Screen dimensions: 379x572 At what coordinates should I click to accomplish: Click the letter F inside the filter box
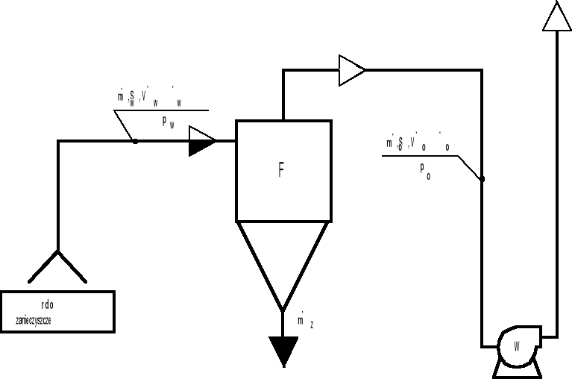(281, 171)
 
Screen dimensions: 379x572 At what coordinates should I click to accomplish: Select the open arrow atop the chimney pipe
(557, 16)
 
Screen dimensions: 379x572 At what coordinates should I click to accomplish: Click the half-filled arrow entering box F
(202, 140)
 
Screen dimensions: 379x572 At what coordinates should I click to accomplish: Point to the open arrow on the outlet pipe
(351, 70)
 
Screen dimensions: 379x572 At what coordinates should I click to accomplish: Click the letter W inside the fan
(517, 346)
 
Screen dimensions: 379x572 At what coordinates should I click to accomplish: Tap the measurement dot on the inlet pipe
(135, 140)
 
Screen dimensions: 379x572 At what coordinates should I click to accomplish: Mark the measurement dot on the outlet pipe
(482, 179)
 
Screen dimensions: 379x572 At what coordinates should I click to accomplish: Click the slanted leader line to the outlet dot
(469, 167)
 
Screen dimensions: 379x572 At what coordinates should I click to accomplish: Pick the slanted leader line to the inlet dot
(125, 125)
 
